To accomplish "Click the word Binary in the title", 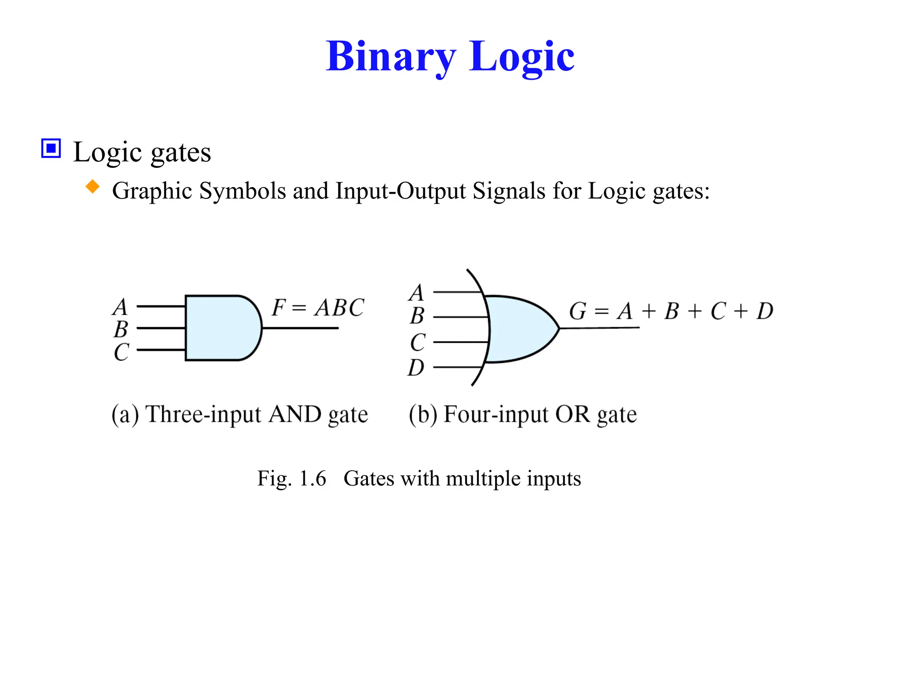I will point(391,57).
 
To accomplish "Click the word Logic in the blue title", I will point(521,57).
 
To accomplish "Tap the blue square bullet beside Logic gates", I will point(51,149).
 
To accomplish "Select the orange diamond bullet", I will point(93,187).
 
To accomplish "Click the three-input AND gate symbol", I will point(221,328).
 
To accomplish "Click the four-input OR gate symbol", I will point(520,329).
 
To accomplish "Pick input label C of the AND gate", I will point(121,352).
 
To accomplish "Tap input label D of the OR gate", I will point(416,368).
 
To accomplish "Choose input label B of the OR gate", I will point(417,316).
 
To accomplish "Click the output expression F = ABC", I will point(317,308).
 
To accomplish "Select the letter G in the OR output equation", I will point(577,312).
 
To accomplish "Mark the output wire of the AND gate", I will point(300,328).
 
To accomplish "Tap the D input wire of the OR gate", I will point(458,367).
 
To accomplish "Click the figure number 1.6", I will point(313,478).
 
